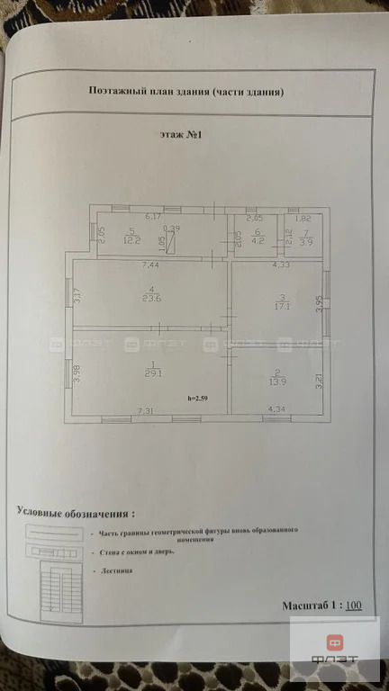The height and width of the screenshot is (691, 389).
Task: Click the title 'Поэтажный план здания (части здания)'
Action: tap(187, 91)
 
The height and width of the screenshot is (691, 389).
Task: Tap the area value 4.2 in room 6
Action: tap(256, 240)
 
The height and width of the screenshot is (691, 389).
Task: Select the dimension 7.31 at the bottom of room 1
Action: tap(145, 410)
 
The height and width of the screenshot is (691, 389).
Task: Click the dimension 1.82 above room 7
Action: tap(303, 219)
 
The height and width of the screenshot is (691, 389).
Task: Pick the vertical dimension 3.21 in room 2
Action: tap(320, 381)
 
